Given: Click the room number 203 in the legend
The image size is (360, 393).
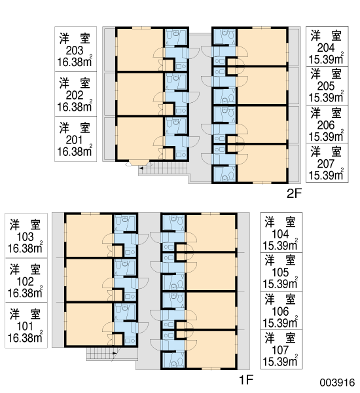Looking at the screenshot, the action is [75, 50].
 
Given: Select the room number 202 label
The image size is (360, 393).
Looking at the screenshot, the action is [75, 95].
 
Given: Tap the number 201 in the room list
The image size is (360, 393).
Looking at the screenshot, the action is [74, 140].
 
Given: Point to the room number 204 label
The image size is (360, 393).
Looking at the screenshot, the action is [326, 48].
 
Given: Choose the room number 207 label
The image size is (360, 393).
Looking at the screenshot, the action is [326, 164].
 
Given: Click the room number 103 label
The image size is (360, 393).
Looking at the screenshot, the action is [25, 237].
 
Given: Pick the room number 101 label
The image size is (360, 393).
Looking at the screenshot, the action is [25, 326].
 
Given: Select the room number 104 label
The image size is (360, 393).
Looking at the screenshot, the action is [280, 234].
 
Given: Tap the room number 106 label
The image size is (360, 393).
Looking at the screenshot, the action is [280, 312].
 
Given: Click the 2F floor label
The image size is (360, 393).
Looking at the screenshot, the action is [294, 193].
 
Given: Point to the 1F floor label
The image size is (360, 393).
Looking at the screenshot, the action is [247, 380].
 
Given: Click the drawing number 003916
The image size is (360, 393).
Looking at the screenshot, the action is [337, 383].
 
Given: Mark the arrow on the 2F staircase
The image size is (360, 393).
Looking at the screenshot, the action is [141, 168].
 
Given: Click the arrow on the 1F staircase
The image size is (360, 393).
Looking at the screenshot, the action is [115, 353].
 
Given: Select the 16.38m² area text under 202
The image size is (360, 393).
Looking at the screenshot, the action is [75, 106].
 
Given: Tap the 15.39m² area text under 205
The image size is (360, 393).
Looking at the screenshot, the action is [326, 97].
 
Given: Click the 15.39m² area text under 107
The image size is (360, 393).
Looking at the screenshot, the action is [280, 361].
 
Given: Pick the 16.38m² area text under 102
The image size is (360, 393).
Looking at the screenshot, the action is [25, 292].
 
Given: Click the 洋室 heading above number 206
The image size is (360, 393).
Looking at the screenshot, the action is [326, 113].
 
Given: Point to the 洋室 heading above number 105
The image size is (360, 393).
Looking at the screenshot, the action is [280, 261].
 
